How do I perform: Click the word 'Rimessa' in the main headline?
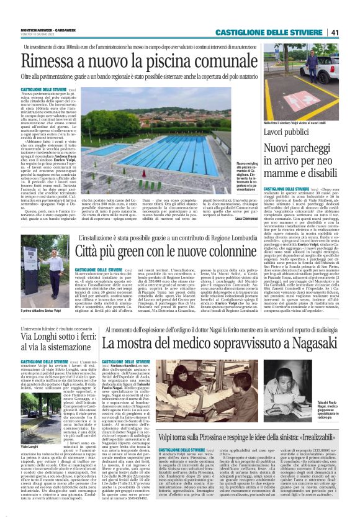tap(49, 61)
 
